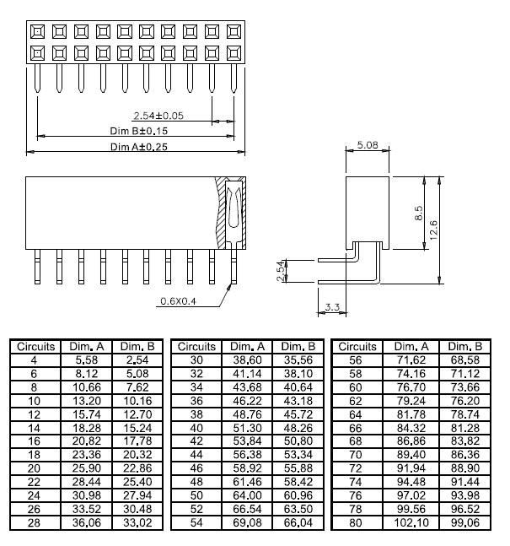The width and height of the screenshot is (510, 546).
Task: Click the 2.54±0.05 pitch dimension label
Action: pyautogui.click(x=158, y=115)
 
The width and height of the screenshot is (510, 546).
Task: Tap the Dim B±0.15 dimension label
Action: pyautogui.click(x=139, y=131)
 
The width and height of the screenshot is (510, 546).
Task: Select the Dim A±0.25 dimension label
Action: pyautogui.click(x=139, y=147)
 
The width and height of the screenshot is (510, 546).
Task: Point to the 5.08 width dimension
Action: pyautogui.click(x=367, y=145)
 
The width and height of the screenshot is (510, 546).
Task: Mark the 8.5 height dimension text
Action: pyautogui.click(x=419, y=214)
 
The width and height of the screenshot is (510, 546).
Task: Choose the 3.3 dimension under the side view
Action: pyautogui.click(x=330, y=308)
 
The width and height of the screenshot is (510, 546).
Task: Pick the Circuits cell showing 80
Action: pyautogui.click(x=358, y=524)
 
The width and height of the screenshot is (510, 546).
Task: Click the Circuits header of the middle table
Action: pyautogui.click(x=197, y=347)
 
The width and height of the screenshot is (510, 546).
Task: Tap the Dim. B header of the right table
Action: pyautogui.click(x=465, y=347)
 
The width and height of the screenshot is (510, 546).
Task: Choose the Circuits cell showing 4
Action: pyautogui.click(x=34, y=359)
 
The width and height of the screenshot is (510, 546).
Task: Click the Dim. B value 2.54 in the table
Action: pyautogui.click(x=137, y=359)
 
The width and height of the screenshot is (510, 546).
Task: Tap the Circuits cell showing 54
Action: pyautogui.click(x=197, y=524)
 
